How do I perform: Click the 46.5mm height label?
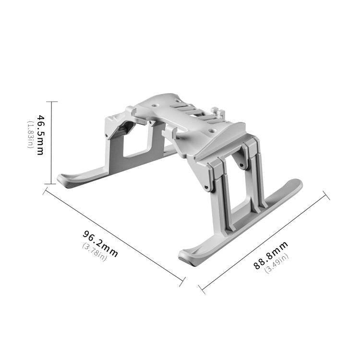pyautogui.click(x=40, y=135)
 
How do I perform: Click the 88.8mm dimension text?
pyautogui.click(x=271, y=255)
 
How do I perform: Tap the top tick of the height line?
pyautogui.click(x=51, y=102)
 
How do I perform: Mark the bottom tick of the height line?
pyautogui.click(x=51, y=184)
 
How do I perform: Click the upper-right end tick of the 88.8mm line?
pyautogui.click(x=326, y=195)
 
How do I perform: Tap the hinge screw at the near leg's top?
pyautogui.click(x=207, y=186)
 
